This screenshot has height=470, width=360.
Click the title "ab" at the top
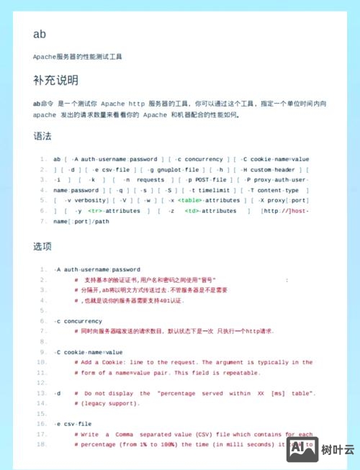(x=40, y=34)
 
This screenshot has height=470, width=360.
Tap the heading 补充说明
(x=55, y=80)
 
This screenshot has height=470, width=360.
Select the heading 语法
(x=42, y=135)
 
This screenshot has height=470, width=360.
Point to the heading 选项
(x=42, y=246)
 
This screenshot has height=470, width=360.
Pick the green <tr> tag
(x=94, y=211)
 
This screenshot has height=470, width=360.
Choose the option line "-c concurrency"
(x=78, y=321)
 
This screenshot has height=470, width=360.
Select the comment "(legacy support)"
(x=104, y=404)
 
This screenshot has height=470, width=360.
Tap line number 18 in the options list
(x=42, y=445)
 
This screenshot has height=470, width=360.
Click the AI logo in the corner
(x=302, y=448)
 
